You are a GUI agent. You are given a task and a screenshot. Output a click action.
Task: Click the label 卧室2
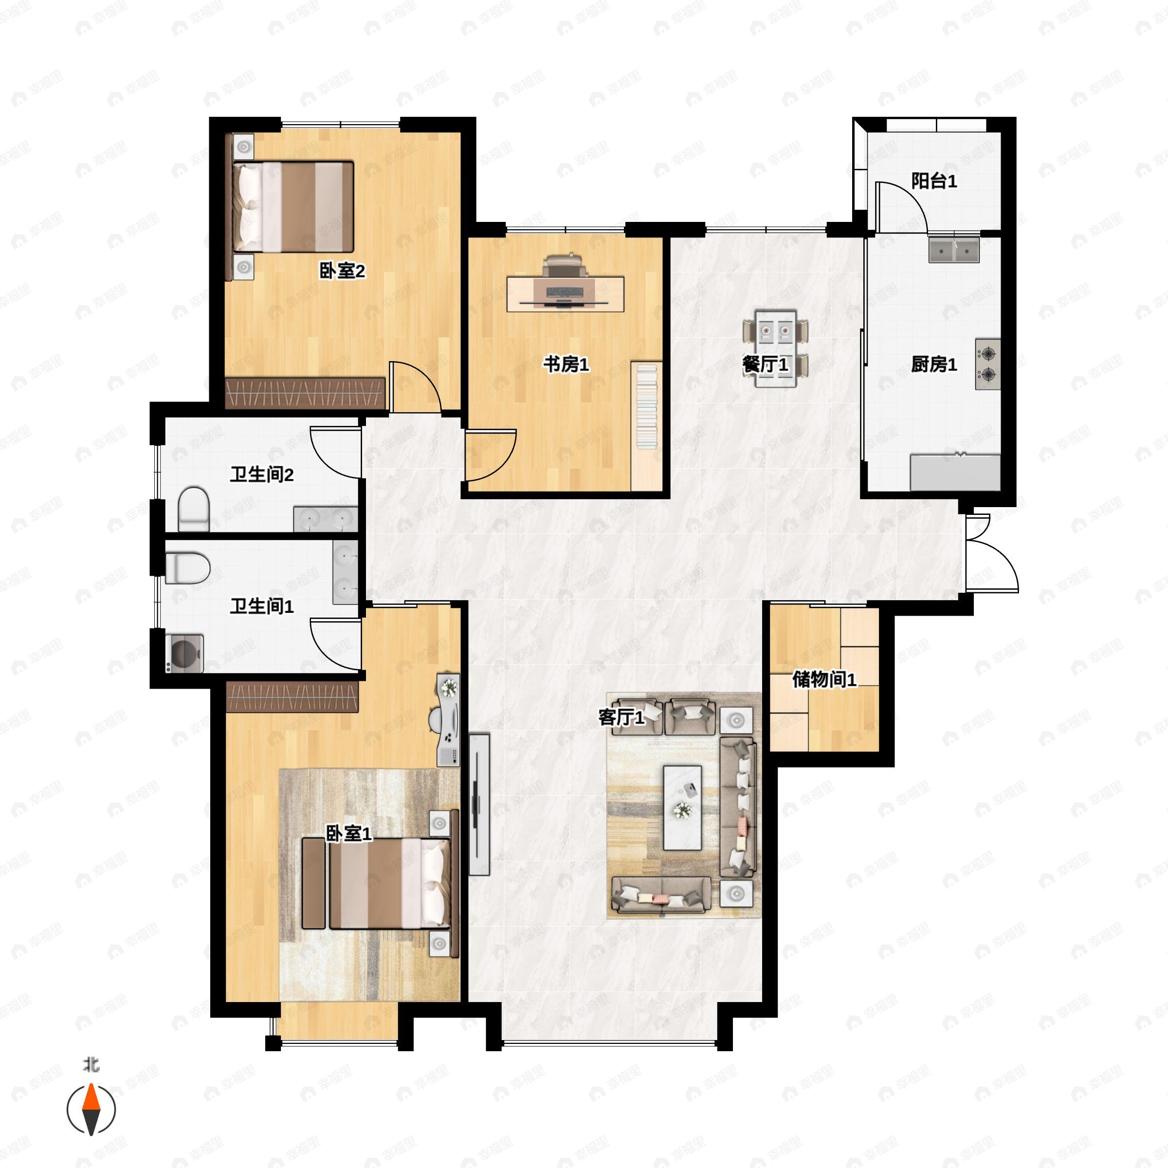tap(342, 271)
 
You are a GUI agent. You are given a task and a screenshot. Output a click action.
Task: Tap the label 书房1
tap(566, 364)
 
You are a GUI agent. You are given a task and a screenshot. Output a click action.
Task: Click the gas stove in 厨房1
tap(987, 364)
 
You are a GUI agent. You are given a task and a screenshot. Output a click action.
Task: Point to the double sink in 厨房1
tap(954, 250)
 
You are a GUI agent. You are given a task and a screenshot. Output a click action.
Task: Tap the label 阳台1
tap(934, 181)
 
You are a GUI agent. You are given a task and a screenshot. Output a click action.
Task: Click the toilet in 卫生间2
tap(194, 509)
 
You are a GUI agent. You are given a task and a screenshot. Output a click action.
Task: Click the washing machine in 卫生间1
tap(184, 654)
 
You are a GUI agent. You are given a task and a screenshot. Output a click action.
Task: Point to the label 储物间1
tap(824, 679)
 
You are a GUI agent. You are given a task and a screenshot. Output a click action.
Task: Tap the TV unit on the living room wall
tap(479, 804)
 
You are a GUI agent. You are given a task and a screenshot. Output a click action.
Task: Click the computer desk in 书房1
tap(565, 294)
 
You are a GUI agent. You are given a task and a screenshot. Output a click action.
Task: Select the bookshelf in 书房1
tap(646, 405)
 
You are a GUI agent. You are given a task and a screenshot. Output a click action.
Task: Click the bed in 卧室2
tap(293, 206)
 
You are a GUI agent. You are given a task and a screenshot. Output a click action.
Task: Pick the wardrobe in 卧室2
tap(305, 393)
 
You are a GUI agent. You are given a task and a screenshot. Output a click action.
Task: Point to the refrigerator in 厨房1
tap(955, 472)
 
